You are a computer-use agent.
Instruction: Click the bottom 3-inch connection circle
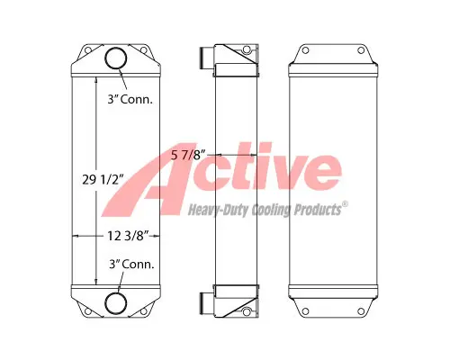pyautogui.click(x=118, y=301)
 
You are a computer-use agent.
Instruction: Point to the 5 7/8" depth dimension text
pyautogui.click(x=190, y=154)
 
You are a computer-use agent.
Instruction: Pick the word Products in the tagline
pyautogui.click(x=314, y=210)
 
